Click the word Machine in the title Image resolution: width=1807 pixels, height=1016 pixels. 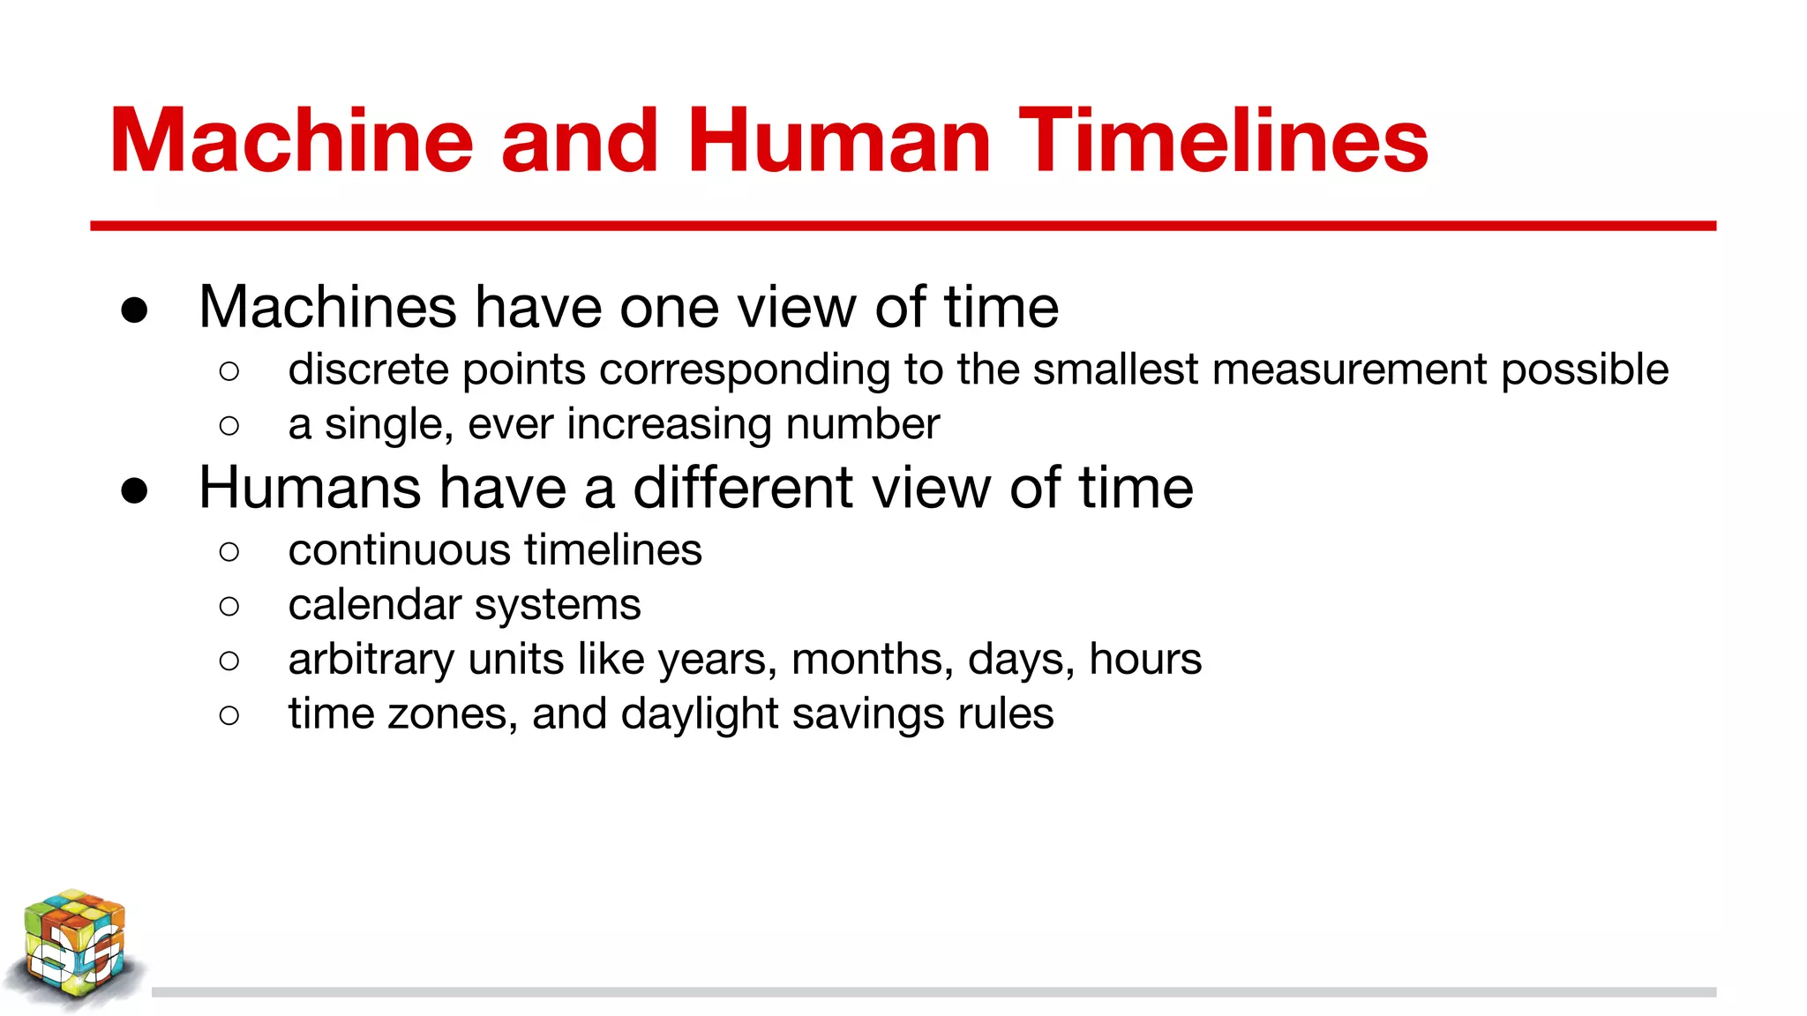(x=291, y=141)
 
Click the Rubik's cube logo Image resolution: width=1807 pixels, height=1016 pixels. (x=74, y=948)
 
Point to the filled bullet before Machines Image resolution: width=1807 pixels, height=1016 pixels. (x=134, y=310)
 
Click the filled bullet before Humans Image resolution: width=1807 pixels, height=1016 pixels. (x=134, y=491)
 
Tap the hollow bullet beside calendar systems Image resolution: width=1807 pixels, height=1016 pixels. (x=229, y=607)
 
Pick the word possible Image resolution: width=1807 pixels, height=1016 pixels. (x=1585, y=371)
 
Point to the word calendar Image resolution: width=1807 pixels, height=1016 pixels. (x=374, y=605)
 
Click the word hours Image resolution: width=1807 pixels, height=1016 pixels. (x=1144, y=659)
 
